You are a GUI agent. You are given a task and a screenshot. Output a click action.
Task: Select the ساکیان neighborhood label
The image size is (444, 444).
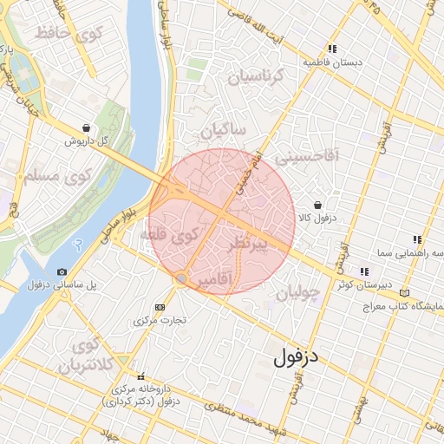pyautogui.click(x=223, y=129)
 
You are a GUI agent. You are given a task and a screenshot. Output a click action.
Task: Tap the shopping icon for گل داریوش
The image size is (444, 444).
pyautogui.click(x=85, y=127)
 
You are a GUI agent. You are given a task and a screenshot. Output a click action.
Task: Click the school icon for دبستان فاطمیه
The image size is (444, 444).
pyautogui.click(x=332, y=49)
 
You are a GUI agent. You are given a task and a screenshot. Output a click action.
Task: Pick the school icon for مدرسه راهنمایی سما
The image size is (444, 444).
pyautogui.click(x=416, y=240)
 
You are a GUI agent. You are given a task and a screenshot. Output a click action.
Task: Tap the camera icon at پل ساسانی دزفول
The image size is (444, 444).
pyautogui.click(x=62, y=272)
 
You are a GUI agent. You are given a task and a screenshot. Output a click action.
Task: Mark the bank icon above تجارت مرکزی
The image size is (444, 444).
pyautogui.click(x=160, y=307)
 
